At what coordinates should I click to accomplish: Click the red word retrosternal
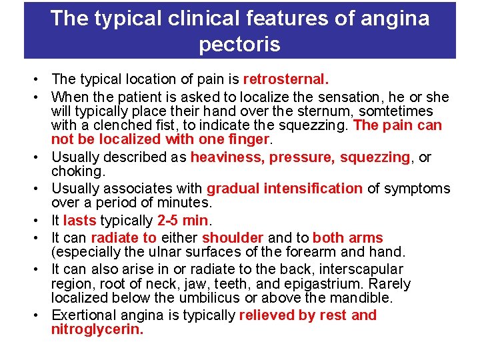coord(286,79)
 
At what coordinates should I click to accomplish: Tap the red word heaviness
coord(227,157)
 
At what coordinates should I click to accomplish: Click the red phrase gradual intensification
coord(285,189)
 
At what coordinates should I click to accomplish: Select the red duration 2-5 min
coord(182,221)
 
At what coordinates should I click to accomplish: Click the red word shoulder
coord(233,238)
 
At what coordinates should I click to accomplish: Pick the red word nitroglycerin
coord(97,329)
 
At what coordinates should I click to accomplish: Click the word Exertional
coord(83,315)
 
